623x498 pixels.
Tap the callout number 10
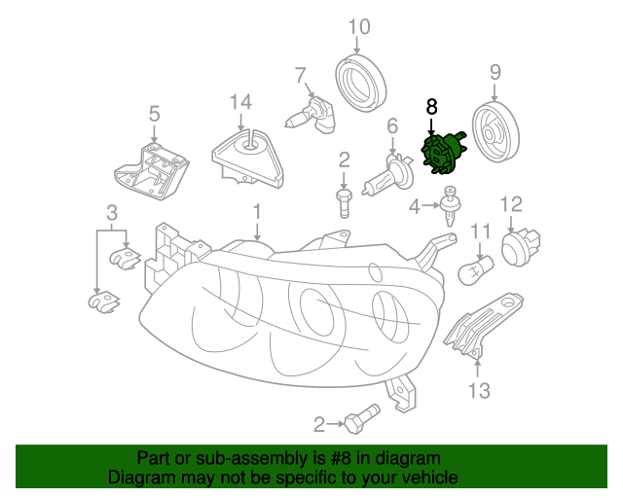click(359, 26)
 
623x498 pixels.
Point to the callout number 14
click(240, 102)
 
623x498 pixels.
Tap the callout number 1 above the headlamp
click(257, 211)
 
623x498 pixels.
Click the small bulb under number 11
click(479, 267)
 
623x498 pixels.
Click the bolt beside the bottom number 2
click(360, 421)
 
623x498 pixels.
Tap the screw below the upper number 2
click(344, 202)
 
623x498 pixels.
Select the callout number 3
click(112, 212)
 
